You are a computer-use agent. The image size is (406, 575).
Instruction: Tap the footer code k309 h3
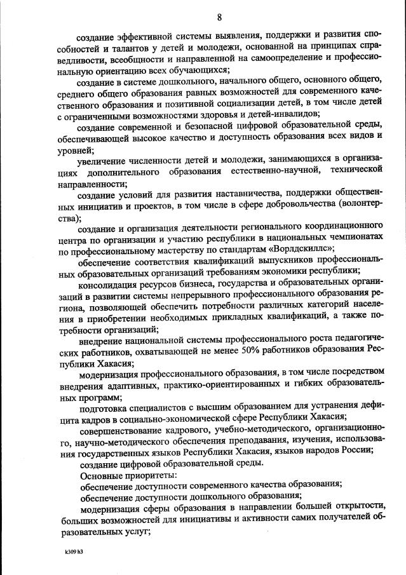tap(74, 552)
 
